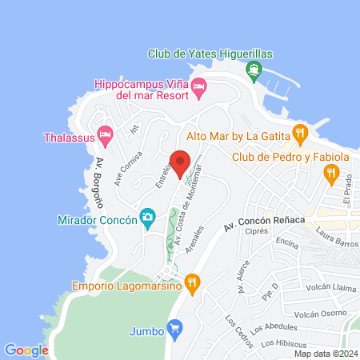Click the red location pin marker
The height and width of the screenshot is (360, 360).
180,163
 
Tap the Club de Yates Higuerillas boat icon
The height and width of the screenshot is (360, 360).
254,70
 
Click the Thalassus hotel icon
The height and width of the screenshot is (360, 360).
104,134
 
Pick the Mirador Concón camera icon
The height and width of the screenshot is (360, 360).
147,217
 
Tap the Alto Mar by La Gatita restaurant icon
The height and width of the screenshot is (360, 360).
299,133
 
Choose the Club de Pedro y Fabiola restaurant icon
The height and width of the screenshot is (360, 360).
330,172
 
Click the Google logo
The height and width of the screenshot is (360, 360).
26,350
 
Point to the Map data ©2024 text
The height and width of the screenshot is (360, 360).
325,354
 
